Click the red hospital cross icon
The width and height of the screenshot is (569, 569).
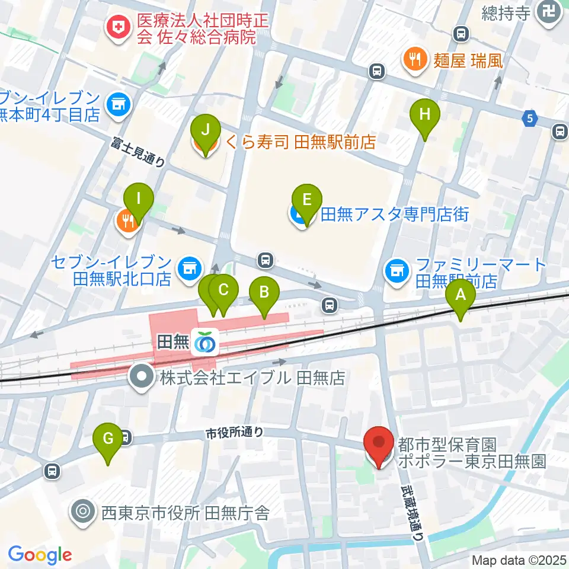tap(118, 27)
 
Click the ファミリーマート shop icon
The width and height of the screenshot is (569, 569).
tap(397, 271)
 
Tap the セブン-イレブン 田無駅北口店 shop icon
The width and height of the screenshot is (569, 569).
tap(189, 268)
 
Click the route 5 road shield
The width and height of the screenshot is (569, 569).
tap(530, 119)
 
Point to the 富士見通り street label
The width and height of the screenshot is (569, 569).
tap(140, 151)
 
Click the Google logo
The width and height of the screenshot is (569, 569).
tap(40, 554)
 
